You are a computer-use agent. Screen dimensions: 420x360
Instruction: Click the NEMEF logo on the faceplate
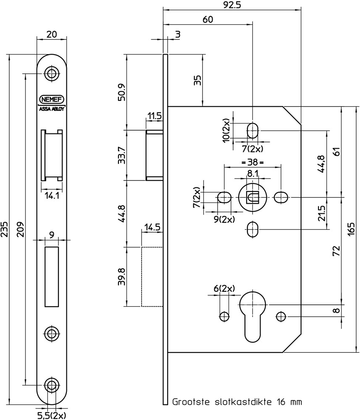[51, 100]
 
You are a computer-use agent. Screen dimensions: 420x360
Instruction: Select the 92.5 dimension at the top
[232, 5]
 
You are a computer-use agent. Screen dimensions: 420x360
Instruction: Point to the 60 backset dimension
[208, 19]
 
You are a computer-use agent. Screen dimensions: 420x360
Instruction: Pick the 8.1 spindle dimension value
[252, 173]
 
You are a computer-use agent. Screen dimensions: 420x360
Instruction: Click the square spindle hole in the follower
[252, 197]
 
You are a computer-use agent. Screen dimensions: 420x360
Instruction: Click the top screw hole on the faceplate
[52, 73]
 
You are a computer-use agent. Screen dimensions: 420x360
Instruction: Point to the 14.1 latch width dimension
[51, 195]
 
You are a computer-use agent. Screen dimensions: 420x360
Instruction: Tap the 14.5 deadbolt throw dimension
[152, 228]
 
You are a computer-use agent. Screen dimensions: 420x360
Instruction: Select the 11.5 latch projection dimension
[154, 116]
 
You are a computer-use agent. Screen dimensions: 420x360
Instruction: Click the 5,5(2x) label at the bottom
[52, 415]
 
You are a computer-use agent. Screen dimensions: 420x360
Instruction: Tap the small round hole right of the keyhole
[281, 316]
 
